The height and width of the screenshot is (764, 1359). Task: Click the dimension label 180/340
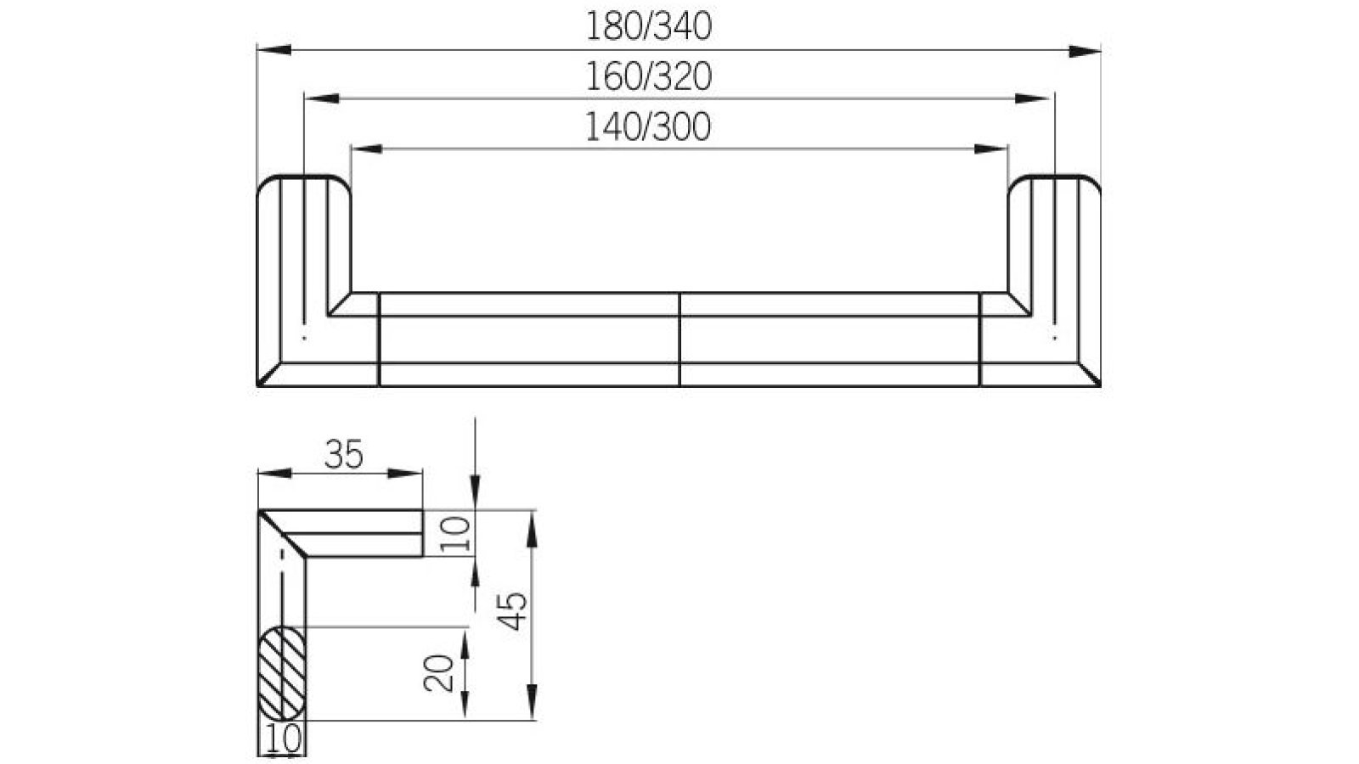(x=648, y=27)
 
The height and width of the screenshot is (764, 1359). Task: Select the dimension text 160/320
(x=648, y=77)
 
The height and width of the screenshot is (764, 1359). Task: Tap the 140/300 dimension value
(x=648, y=127)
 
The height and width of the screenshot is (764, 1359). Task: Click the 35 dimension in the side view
(x=344, y=456)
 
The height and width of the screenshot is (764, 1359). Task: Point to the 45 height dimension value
(x=513, y=611)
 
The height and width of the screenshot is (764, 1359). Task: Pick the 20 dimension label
(x=438, y=673)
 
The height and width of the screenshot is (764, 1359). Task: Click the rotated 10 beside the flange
(x=458, y=534)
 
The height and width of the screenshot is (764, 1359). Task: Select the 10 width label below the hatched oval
(x=283, y=739)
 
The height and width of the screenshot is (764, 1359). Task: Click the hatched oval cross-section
(x=281, y=672)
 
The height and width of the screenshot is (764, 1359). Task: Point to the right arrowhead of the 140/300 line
(x=991, y=149)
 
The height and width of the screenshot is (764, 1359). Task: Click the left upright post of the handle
(x=303, y=255)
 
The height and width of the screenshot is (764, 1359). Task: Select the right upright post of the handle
(x=1055, y=255)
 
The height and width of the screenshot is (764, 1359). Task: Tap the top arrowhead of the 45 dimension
(x=533, y=526)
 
